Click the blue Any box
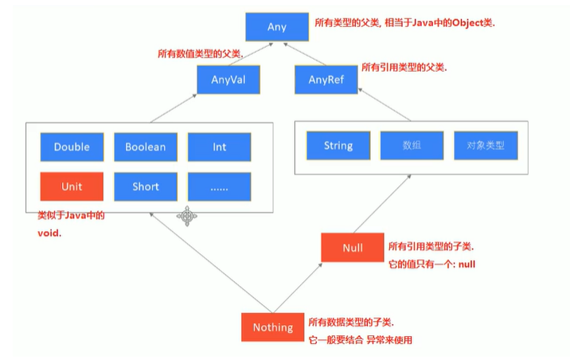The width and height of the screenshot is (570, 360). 276,27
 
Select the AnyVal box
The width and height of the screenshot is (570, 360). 228,80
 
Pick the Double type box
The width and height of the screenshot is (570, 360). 72,147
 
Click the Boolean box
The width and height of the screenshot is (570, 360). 146,147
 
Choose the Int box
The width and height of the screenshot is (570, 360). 219,147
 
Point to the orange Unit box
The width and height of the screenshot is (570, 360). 72,187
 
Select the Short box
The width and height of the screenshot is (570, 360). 146,187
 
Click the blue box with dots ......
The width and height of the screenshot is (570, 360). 219,187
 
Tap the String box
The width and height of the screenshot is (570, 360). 338,147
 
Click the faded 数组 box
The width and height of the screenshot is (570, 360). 412,147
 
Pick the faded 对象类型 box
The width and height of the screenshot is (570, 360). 486,147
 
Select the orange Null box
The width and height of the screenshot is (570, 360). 352,248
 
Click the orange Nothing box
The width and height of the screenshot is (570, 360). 273,327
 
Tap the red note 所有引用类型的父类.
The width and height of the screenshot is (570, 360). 404,68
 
